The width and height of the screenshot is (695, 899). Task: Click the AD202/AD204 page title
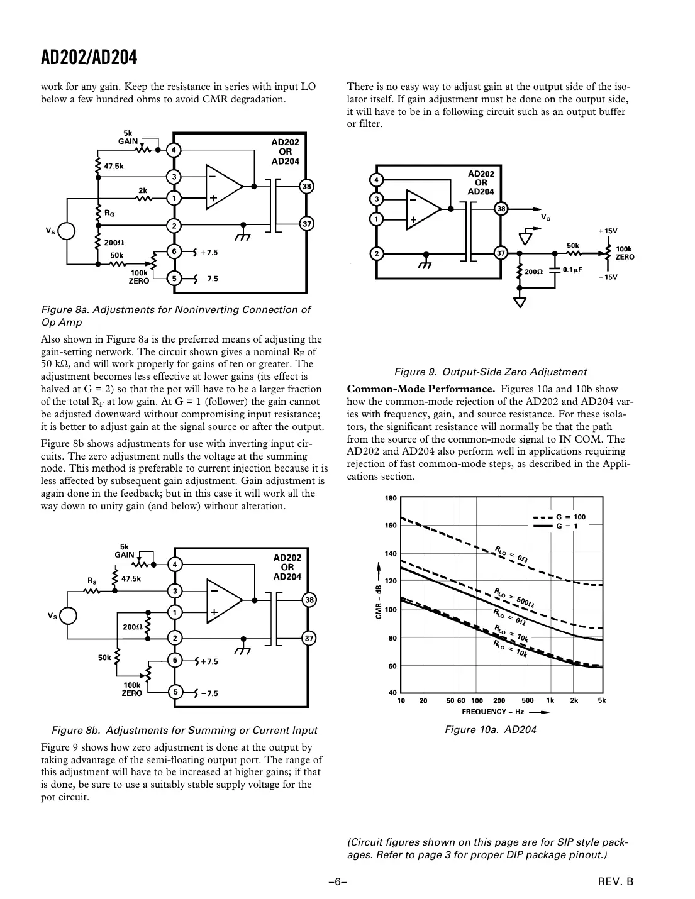(89, 58)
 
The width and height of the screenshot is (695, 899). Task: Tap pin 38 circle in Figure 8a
(306, 186)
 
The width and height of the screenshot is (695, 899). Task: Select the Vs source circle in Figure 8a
(67, 231)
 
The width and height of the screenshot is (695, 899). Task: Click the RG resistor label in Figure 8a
(109, 214)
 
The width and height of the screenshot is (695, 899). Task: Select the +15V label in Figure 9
(608, 231)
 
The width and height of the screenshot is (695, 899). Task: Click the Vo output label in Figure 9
(545, 217)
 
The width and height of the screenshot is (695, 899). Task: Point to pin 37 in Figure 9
(501, 253)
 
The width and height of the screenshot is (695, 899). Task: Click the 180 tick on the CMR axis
(391, 499)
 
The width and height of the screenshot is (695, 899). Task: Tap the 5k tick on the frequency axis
(601, 700)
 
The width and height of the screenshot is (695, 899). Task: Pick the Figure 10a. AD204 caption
(490, 730)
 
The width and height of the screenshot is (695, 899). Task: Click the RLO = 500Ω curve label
(514, 597)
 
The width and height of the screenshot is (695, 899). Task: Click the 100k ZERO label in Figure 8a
(139, 277)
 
